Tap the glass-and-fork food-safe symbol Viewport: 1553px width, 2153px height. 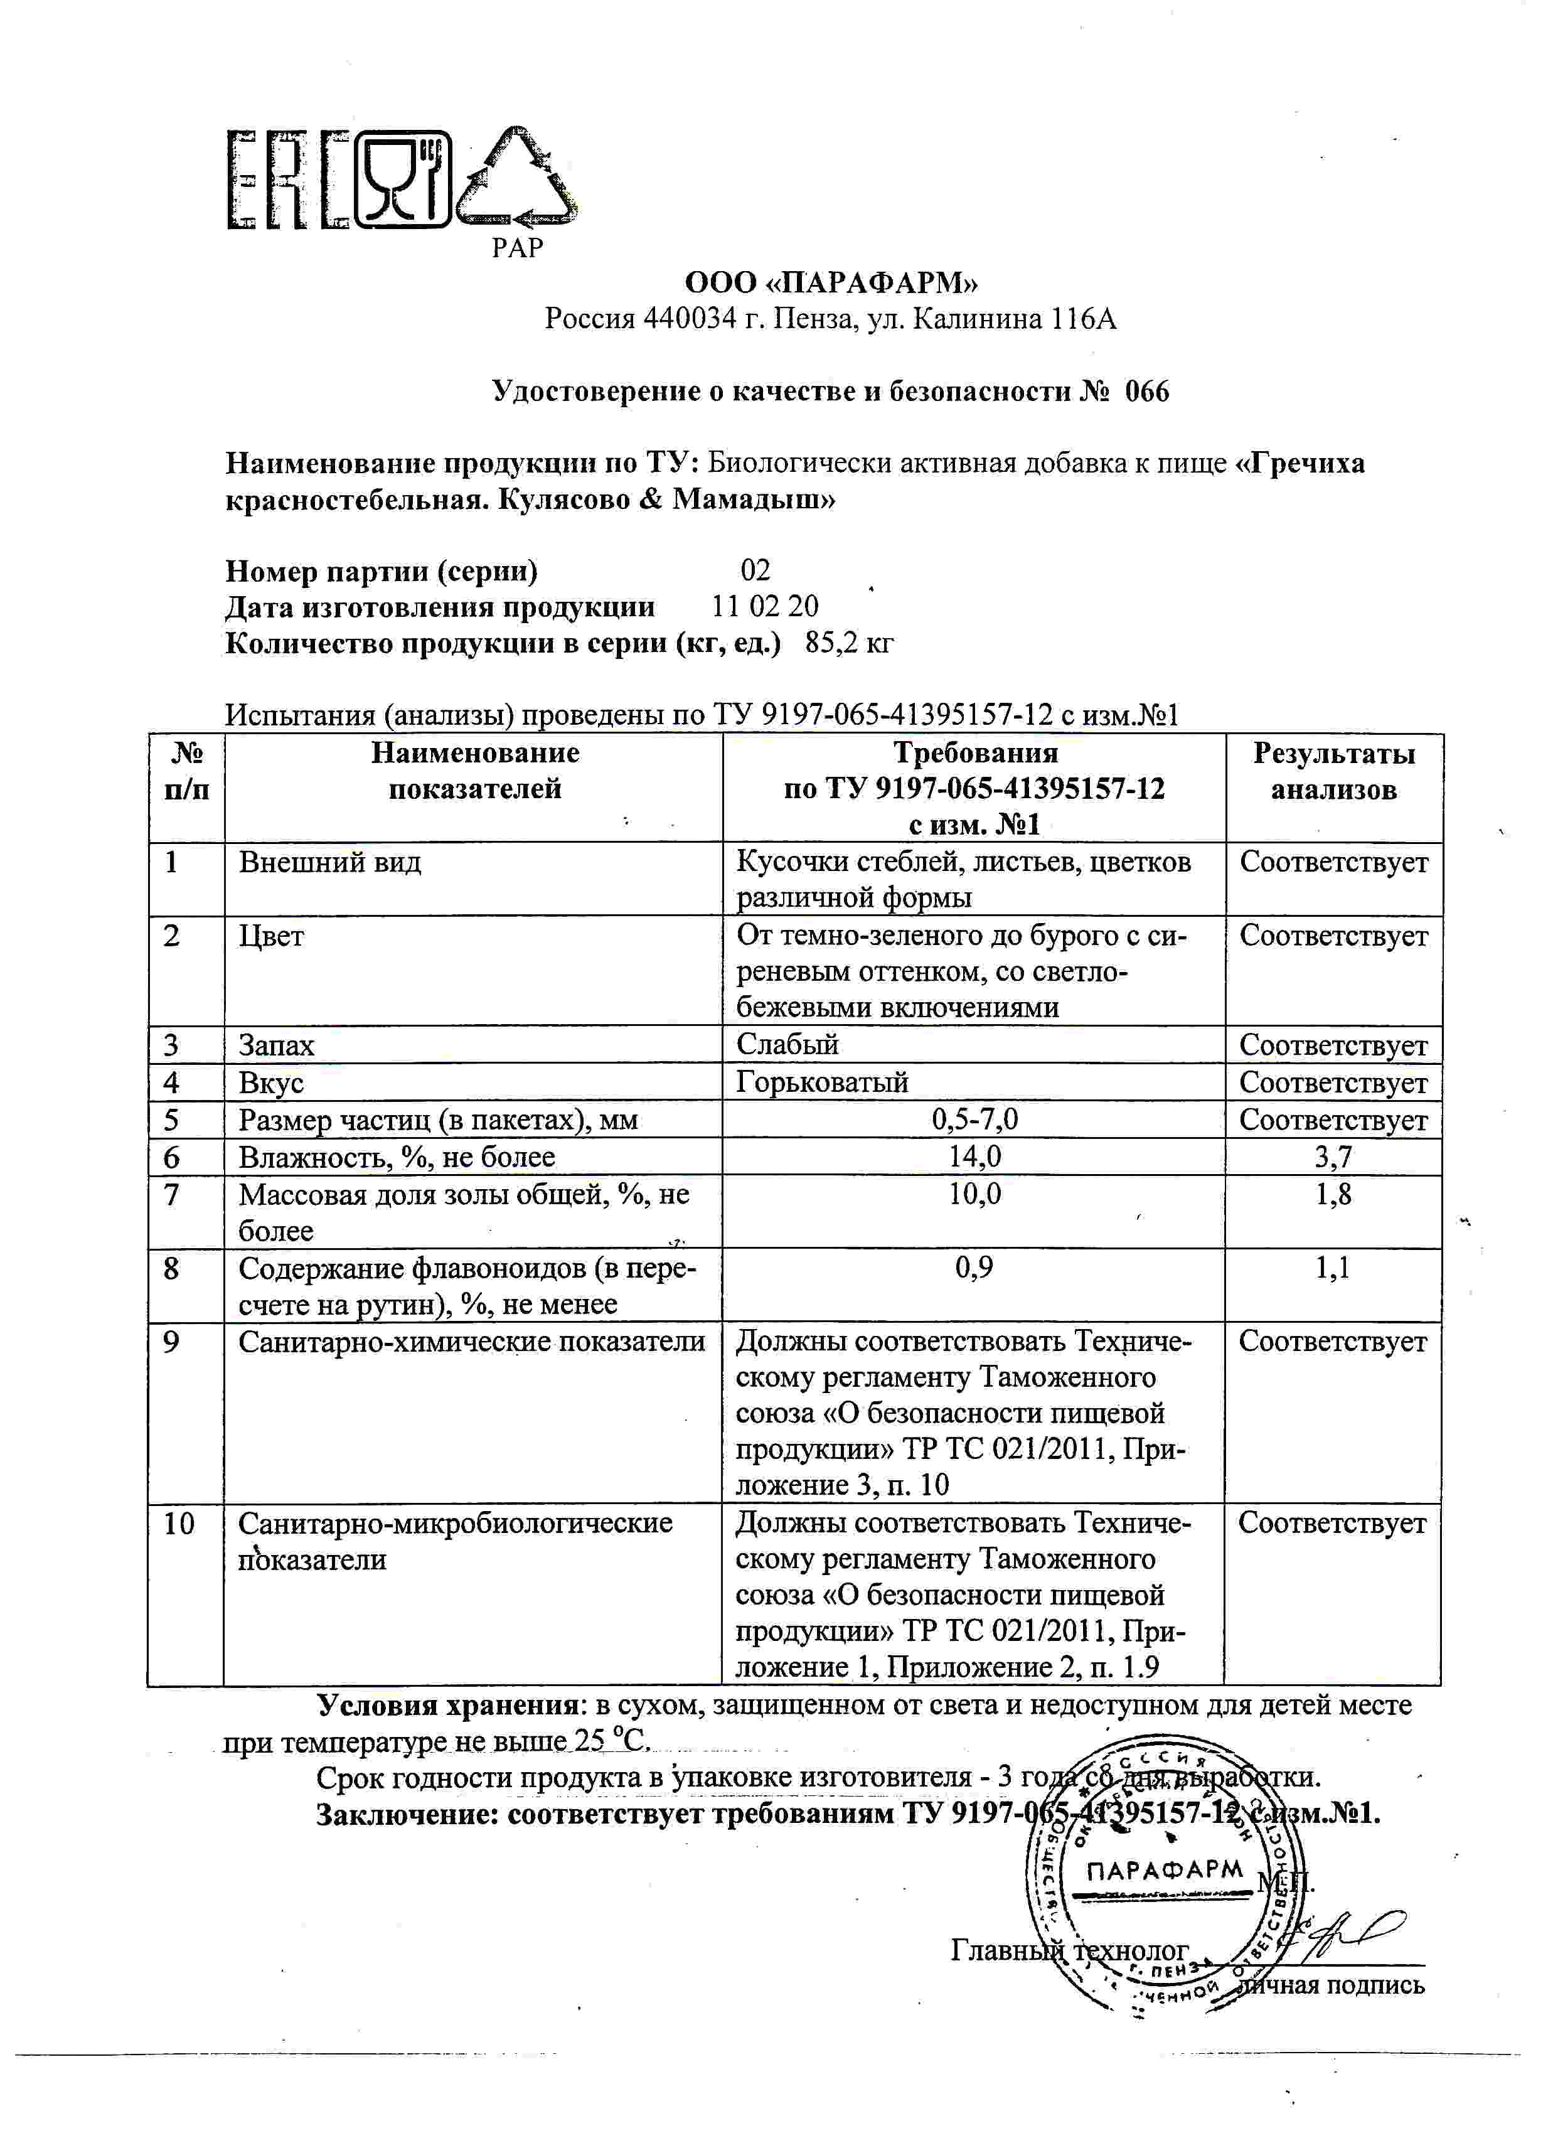tap(402, 180)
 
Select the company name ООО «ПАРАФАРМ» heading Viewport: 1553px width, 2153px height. tap(831, 283)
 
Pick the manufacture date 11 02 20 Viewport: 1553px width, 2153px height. tap(765, 607)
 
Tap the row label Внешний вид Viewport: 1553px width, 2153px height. tap(329, 862)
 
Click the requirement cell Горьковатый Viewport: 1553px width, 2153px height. tap(822, 1082)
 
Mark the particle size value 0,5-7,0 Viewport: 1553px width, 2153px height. tap(975, 1119)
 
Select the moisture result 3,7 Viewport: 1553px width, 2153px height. tap(1334, 1157)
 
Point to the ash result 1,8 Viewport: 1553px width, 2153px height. tap(1334, 1194)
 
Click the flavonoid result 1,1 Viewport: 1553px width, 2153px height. tap(1333, 1268)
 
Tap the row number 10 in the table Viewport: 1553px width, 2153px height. tap(178, 1524)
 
